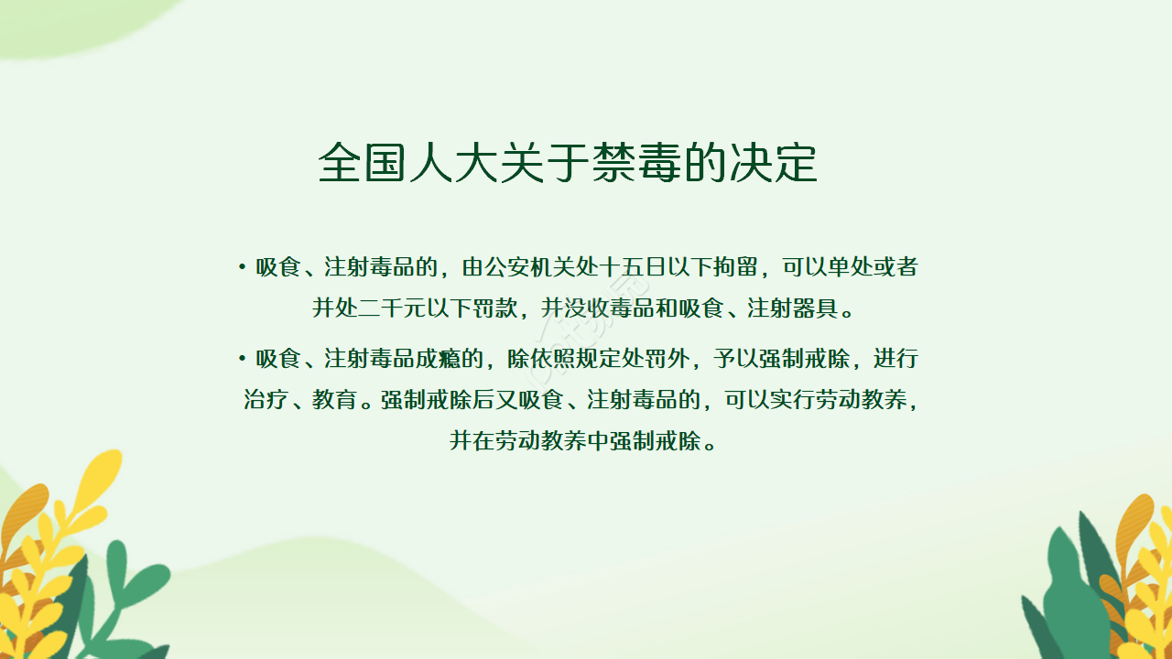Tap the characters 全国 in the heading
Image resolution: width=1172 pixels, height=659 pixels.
pos(363,163)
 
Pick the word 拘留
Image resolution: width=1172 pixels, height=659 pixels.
pos(736,267)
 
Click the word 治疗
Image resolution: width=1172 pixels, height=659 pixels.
pos(266,400)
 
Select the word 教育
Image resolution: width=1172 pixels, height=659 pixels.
pos(334,400)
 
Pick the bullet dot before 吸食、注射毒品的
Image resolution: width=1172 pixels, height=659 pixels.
pos(242,267)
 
